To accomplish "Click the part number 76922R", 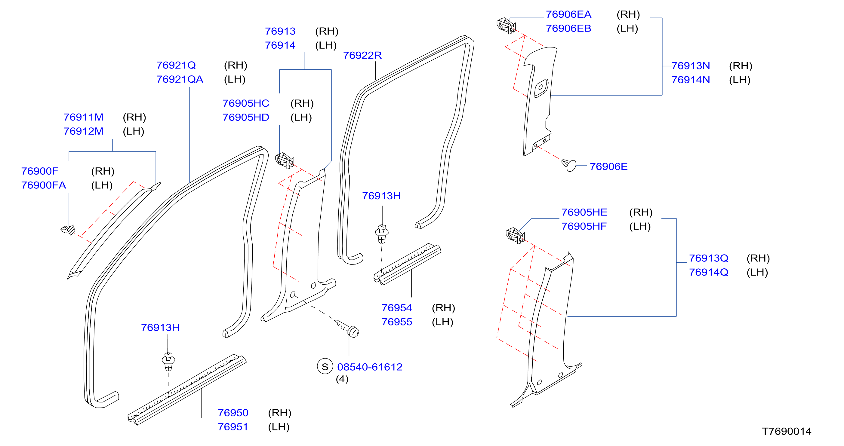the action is click(x=362, y=55).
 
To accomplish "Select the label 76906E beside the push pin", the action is click(x=608, y=167).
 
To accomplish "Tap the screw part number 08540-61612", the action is click(x=370, y=367).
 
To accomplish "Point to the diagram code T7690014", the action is click(x=786, y=431).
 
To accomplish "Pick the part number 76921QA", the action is click(x=180, y=79).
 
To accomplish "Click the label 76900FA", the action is click(x=44, y=185).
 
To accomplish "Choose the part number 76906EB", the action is click(x=568, y=29).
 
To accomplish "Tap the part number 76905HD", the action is click(x=246, y=118).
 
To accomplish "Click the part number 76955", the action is click(x=396, y=322).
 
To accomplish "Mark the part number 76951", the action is click(x=233, y=427).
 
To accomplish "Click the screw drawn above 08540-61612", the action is click(x=348, y=328).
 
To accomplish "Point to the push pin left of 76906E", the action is click(x=569, y=165).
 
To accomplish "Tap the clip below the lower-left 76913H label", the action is click(x=168, y=362).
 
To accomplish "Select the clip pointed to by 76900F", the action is click(x=68, y=230).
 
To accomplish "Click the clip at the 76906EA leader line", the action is click(x=506, y=26).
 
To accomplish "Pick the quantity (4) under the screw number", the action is click(x=342, y=379).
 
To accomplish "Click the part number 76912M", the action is click(x=83, y=131).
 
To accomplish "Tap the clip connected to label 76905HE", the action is click(x=515, y=236).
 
